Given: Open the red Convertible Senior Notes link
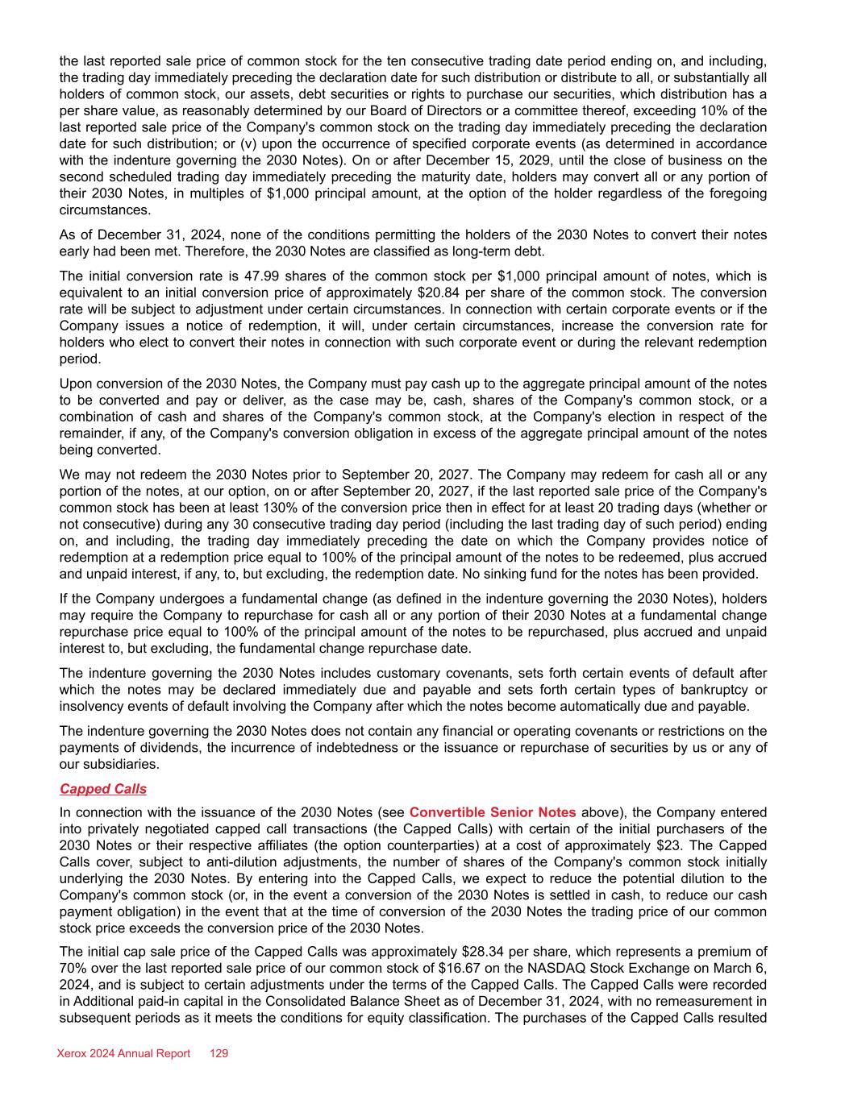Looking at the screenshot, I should click(x=492, y=812).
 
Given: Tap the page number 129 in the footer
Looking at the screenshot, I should click(x=219, y=1053).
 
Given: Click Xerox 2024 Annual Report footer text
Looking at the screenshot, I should click(x=123, y=1053).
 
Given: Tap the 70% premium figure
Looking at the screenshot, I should click(x=73, y=969).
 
